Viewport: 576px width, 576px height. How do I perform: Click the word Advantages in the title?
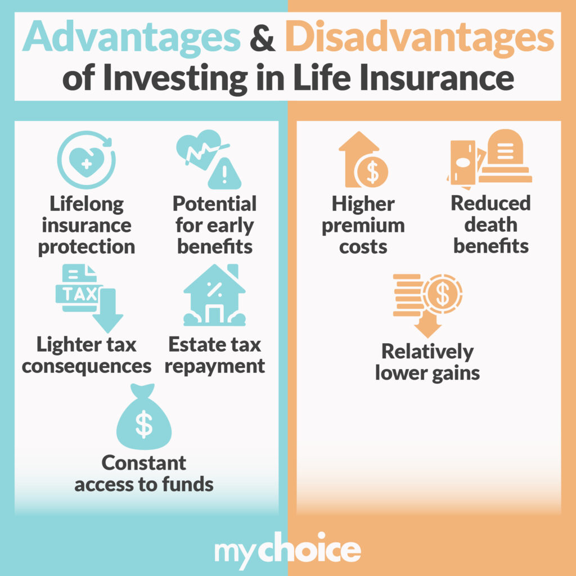[131, 38]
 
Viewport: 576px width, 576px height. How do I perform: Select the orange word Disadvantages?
[420, 38]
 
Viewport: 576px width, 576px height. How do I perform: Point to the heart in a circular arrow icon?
[86, 160]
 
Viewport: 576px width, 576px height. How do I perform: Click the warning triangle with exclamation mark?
[224, 174]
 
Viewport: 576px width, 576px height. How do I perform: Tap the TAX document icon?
[89, 298]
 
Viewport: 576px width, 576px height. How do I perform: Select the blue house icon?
[214, 295]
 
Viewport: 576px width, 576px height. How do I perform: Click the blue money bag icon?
[144, 417]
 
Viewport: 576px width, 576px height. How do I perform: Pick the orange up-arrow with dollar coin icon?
[363, 160]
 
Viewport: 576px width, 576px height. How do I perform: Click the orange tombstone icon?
[505, 156]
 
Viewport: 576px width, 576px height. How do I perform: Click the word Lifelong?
[87, 204]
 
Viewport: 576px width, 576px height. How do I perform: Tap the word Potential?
[214, 204]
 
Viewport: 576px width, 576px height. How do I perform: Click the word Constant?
[143, 463]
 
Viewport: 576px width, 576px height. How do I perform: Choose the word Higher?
[363, 204]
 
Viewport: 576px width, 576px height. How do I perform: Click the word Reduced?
[490, 203]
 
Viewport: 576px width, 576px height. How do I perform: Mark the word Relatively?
[427, 352]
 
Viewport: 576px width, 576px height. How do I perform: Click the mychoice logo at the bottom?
[287, 550]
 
